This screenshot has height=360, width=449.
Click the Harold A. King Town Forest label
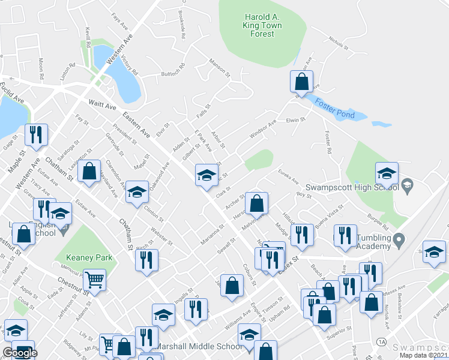coord(259,25)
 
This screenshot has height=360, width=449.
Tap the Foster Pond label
coord(336,110)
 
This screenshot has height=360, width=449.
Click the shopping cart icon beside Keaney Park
coord(94,279)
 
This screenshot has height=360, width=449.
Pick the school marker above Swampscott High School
coord(387,174)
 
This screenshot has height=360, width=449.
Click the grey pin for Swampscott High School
coord(407,184)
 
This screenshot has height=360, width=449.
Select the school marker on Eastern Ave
coord(206,175)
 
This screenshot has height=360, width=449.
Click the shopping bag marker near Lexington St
coord(89,172)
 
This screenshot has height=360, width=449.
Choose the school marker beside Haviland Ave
coord(137,192)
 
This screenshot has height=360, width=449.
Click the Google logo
coord(20,353)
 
